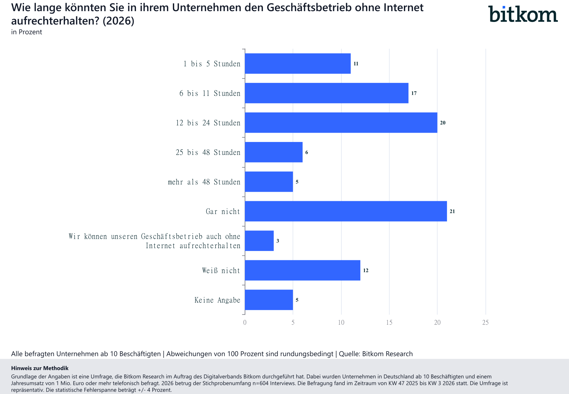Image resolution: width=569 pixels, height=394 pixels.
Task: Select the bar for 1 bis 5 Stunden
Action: click(298, 64)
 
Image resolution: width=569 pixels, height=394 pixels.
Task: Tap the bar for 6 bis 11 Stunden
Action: click(327, 93)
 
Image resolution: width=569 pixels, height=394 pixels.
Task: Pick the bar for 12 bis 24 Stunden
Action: click(341, 123)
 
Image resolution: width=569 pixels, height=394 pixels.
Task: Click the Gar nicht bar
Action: click(346, 211)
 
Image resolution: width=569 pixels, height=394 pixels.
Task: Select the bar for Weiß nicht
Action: click(303, 270)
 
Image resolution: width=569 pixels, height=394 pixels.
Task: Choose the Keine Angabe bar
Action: click(269, 300)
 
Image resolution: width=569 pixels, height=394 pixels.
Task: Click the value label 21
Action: click(452, 211)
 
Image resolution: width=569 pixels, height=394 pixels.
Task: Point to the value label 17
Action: click(414, 93)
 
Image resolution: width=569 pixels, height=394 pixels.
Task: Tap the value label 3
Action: click(278, 241)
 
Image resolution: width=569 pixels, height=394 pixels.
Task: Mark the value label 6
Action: click(306, 152)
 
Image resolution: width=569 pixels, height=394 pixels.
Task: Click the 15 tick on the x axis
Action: click(389, 323)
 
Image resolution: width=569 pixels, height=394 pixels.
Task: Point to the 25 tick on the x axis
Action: click(486, 323)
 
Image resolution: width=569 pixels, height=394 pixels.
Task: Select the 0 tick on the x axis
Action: click(245, 323)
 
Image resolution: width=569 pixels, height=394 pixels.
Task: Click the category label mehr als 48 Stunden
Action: click(204, 182)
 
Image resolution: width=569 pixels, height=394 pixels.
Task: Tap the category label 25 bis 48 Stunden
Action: click(208, 152)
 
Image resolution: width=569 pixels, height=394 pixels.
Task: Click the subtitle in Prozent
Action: click(26, 32)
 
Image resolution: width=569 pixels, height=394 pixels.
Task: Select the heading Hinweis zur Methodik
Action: click(40, 368)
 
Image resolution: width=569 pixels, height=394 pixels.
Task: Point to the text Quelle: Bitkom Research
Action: click(376, 354)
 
